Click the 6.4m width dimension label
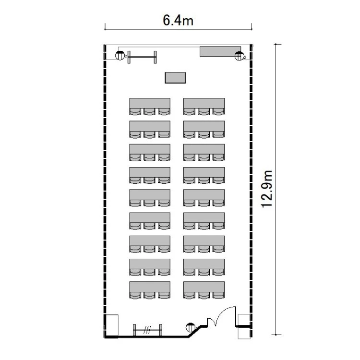pyautogui.click(x=178, y=20)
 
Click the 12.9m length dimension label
pyautogui.click(x=267, y=189)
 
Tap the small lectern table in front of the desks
pyautogui.click(x=175, y=78)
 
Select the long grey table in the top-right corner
pyautogui.click(x=220, y=51)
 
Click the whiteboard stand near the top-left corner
pyautogui.click(x=142, y=57)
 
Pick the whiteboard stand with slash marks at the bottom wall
pyautogui.click(x=148, y=330)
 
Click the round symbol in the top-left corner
pyautogui.click(x=120, y=56)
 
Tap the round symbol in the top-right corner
pyautogui.click(x=239, y=56)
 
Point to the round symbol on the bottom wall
pyautogui.click(x=191, y=327)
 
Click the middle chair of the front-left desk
pyautogui.click(x=149, y=111)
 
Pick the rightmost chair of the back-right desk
pyautogui.click(x=218, y=295)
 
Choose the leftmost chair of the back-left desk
pyautogui.click(x=135, y=295)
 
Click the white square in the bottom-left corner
pyautogui.click(x=112, y=325)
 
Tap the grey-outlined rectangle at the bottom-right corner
pyautogui.click(x=244, y=326)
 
